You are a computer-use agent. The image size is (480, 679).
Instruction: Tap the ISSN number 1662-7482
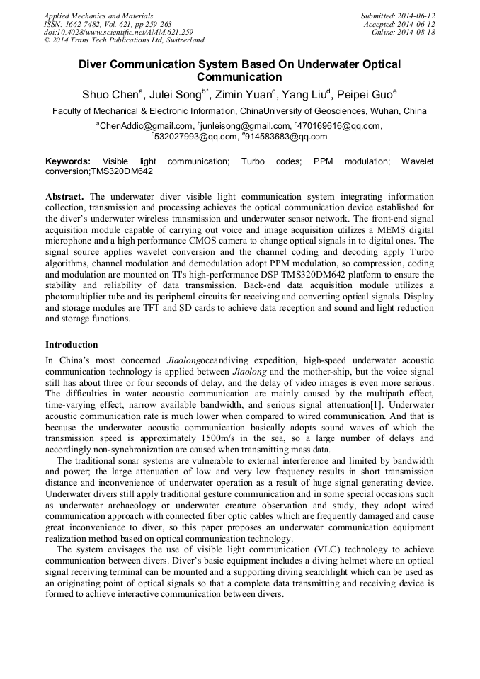(x=89, y=24)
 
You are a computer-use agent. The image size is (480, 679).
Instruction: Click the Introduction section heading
(x=72, y=345)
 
